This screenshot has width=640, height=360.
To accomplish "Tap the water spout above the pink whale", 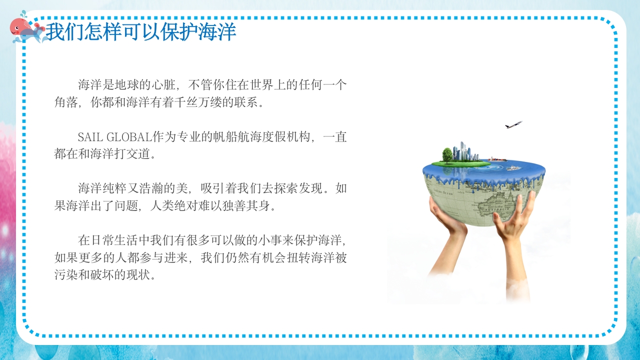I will coord(22,13).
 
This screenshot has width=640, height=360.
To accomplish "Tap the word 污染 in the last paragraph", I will coord(66,275).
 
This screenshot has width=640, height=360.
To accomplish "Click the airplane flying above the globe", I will coord(513,124).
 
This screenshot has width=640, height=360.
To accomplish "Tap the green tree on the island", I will coord(447,154).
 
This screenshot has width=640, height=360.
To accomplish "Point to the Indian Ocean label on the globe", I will coord(443,192).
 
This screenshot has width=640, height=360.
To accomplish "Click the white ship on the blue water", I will coord(511,168).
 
